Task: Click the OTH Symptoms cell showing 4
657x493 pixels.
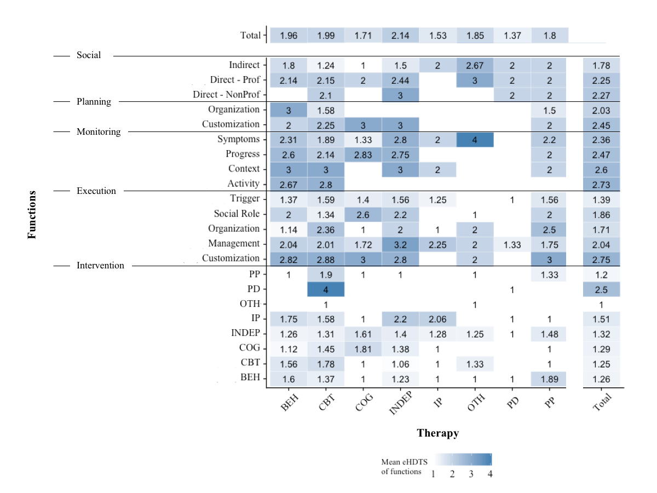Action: tap(475, 140)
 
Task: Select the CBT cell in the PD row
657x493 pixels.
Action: tap(326, 289)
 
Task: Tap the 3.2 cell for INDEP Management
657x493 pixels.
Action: tap(400, 244)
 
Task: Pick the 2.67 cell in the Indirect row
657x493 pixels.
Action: tap(475, 66)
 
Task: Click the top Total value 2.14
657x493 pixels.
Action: tap(400, 36)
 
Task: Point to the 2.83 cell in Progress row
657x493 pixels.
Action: tap(363, 154)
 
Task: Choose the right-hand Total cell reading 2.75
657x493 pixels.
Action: tap(602, 259)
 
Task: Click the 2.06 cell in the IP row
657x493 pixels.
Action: tap(437, 319)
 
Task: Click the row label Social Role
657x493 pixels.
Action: tap(237, 214)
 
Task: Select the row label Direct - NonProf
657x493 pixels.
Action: tap(226, 95)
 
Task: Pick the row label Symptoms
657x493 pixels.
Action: tap(238, 140)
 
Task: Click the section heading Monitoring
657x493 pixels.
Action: tap(99, 132)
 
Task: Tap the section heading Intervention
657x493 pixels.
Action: tap(100, 266)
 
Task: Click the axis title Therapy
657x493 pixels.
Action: tap(437, 433)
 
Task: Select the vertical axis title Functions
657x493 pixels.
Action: tap(32, 214)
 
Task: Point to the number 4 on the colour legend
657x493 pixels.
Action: tap(490, 474)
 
